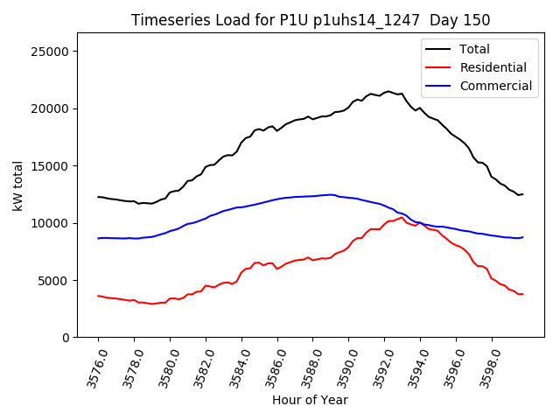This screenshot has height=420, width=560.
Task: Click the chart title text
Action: point(311,20)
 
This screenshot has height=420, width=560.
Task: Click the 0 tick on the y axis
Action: point(66,338)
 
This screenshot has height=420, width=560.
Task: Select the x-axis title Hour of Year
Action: point(310,401)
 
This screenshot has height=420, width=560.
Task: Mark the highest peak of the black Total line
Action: point(388,91)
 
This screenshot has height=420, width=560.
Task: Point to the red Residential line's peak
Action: point(402,217)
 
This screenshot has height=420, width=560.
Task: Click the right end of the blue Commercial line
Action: point(522,237)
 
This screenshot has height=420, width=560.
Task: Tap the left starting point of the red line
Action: point(98,296)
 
